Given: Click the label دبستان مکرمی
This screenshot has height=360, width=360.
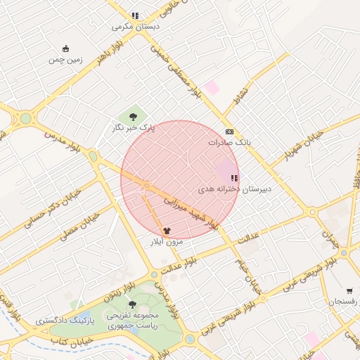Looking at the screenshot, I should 136,27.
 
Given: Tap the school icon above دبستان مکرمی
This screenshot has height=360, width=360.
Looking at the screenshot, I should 135,15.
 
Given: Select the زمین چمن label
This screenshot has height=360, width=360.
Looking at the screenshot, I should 65,60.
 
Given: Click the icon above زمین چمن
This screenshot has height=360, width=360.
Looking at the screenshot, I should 66,49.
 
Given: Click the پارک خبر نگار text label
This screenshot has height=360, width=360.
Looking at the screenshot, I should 133,128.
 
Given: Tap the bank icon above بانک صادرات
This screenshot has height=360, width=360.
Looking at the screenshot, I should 229,131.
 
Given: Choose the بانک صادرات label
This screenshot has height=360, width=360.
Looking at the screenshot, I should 229,142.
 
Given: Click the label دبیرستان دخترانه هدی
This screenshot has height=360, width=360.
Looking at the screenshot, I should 234,189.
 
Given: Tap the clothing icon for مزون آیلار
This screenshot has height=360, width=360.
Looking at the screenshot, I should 167,229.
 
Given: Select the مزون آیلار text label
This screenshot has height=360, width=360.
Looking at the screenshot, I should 166,241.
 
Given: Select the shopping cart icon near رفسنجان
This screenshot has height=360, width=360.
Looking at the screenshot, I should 349,291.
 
